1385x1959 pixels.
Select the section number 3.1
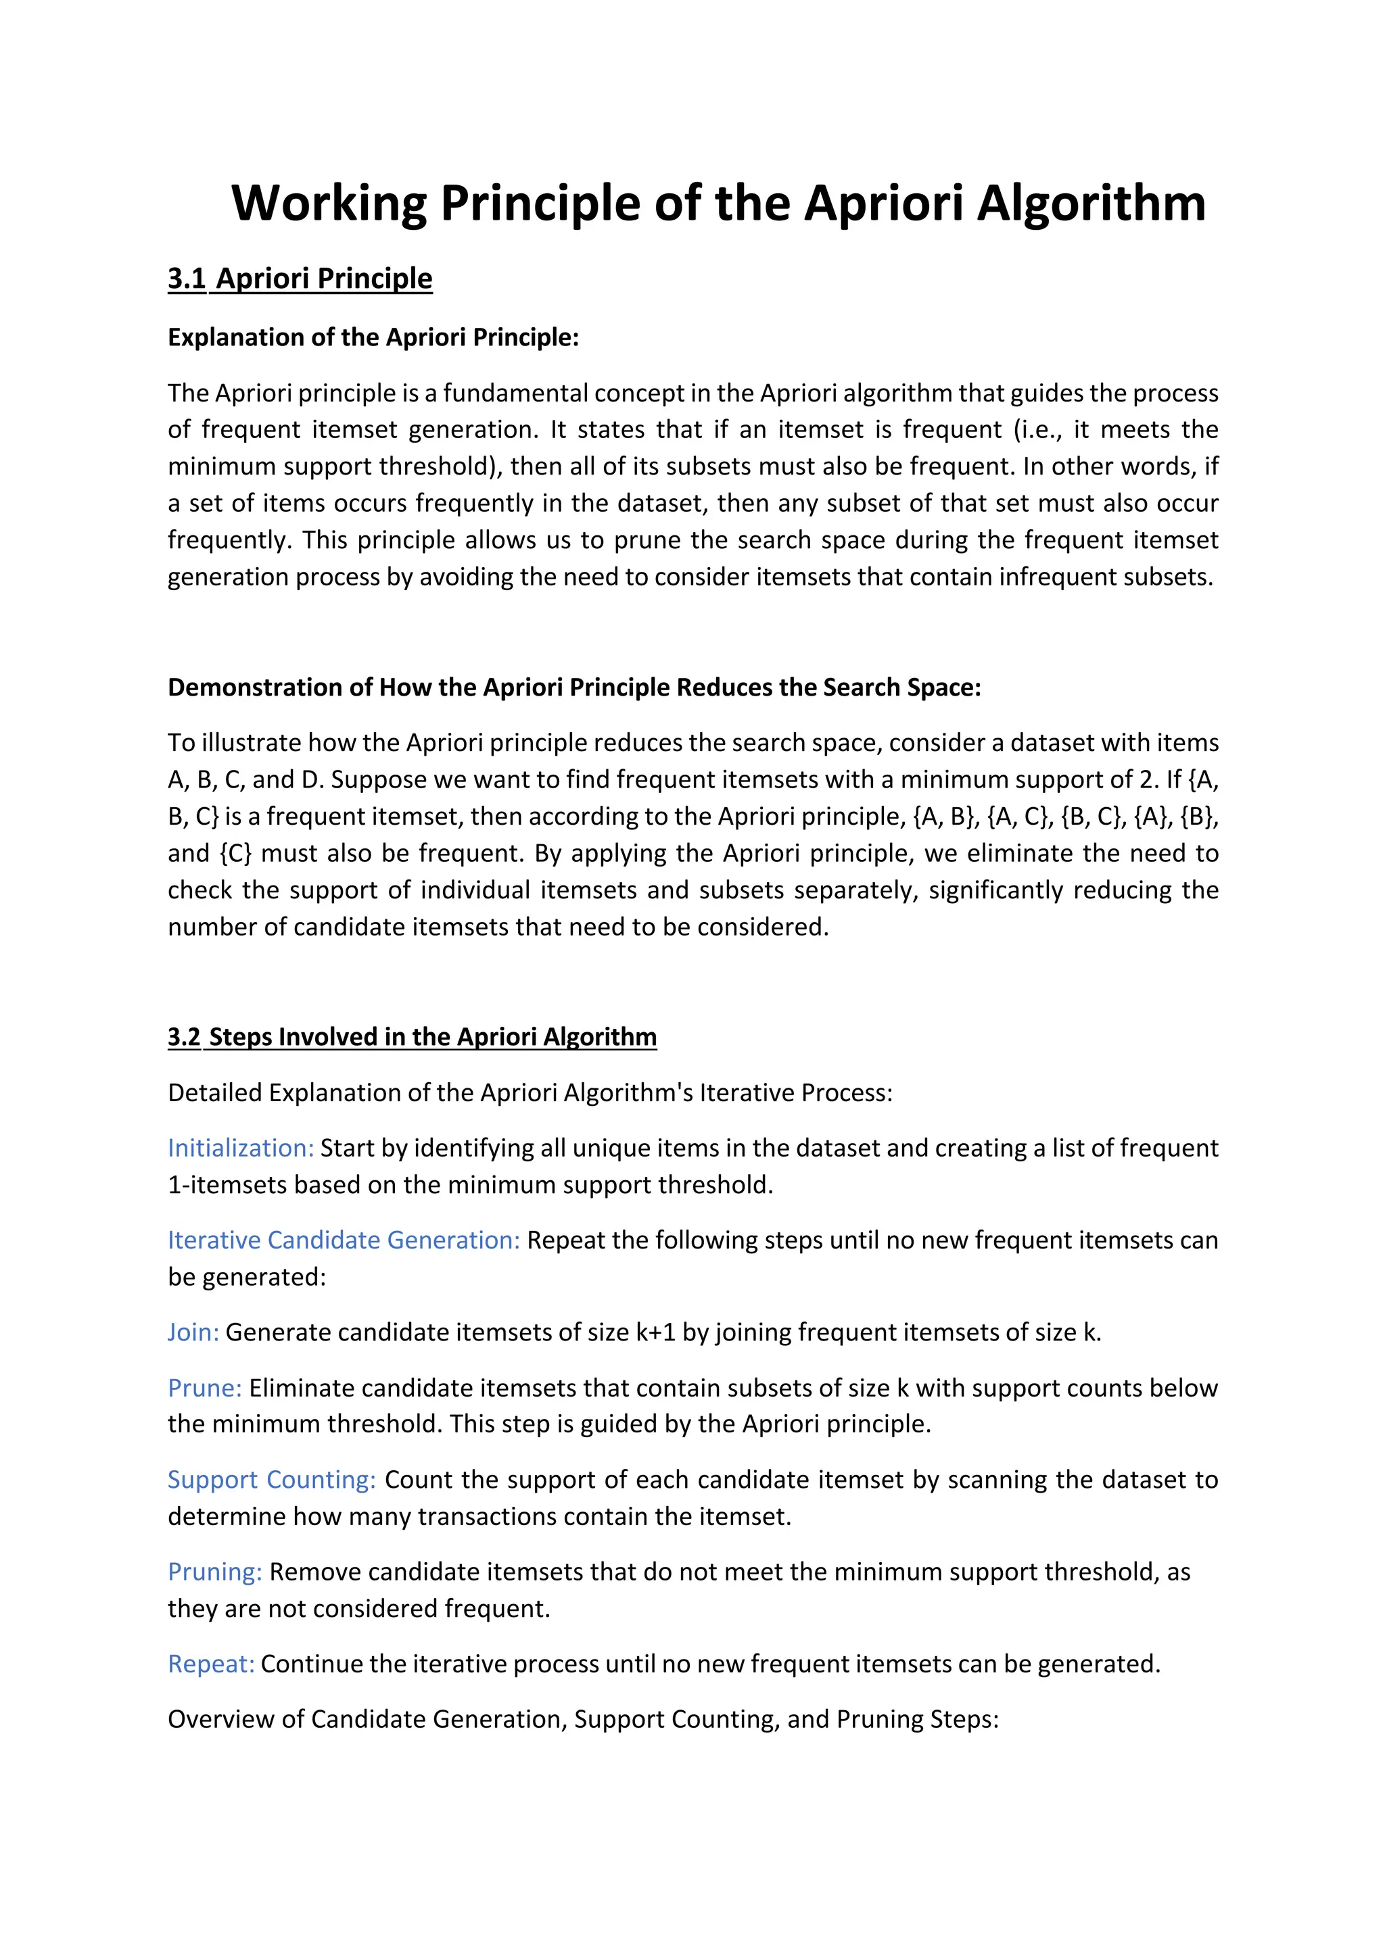[x=187, y=279]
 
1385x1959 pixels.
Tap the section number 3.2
[x=183, y=1037]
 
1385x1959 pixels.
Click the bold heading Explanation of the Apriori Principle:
[x=373, y=337]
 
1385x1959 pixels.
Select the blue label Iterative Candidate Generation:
[x=343, y=1240]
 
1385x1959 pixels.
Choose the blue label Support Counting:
[x=271, y=1480]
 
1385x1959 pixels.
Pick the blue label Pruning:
[x=215, y=1572]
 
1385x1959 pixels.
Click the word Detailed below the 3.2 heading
[x=215, y=1092]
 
